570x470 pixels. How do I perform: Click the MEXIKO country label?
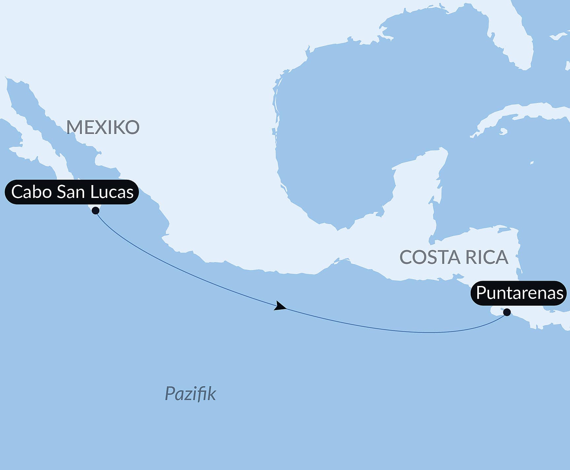coord(103,127)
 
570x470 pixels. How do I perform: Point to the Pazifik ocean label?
coord(190,393)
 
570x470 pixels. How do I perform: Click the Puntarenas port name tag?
coord(519,293)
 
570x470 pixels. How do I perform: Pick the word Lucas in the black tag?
coord(112,192)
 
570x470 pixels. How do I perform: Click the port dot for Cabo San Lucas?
coord(96,210)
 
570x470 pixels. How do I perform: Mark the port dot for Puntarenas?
coord(507,312)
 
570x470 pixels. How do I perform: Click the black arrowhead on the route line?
coord(280,306)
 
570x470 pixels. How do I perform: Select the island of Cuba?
coord(528,112)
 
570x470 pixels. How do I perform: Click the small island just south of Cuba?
coord(503,132)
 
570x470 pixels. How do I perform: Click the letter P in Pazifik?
coord(170,393)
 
